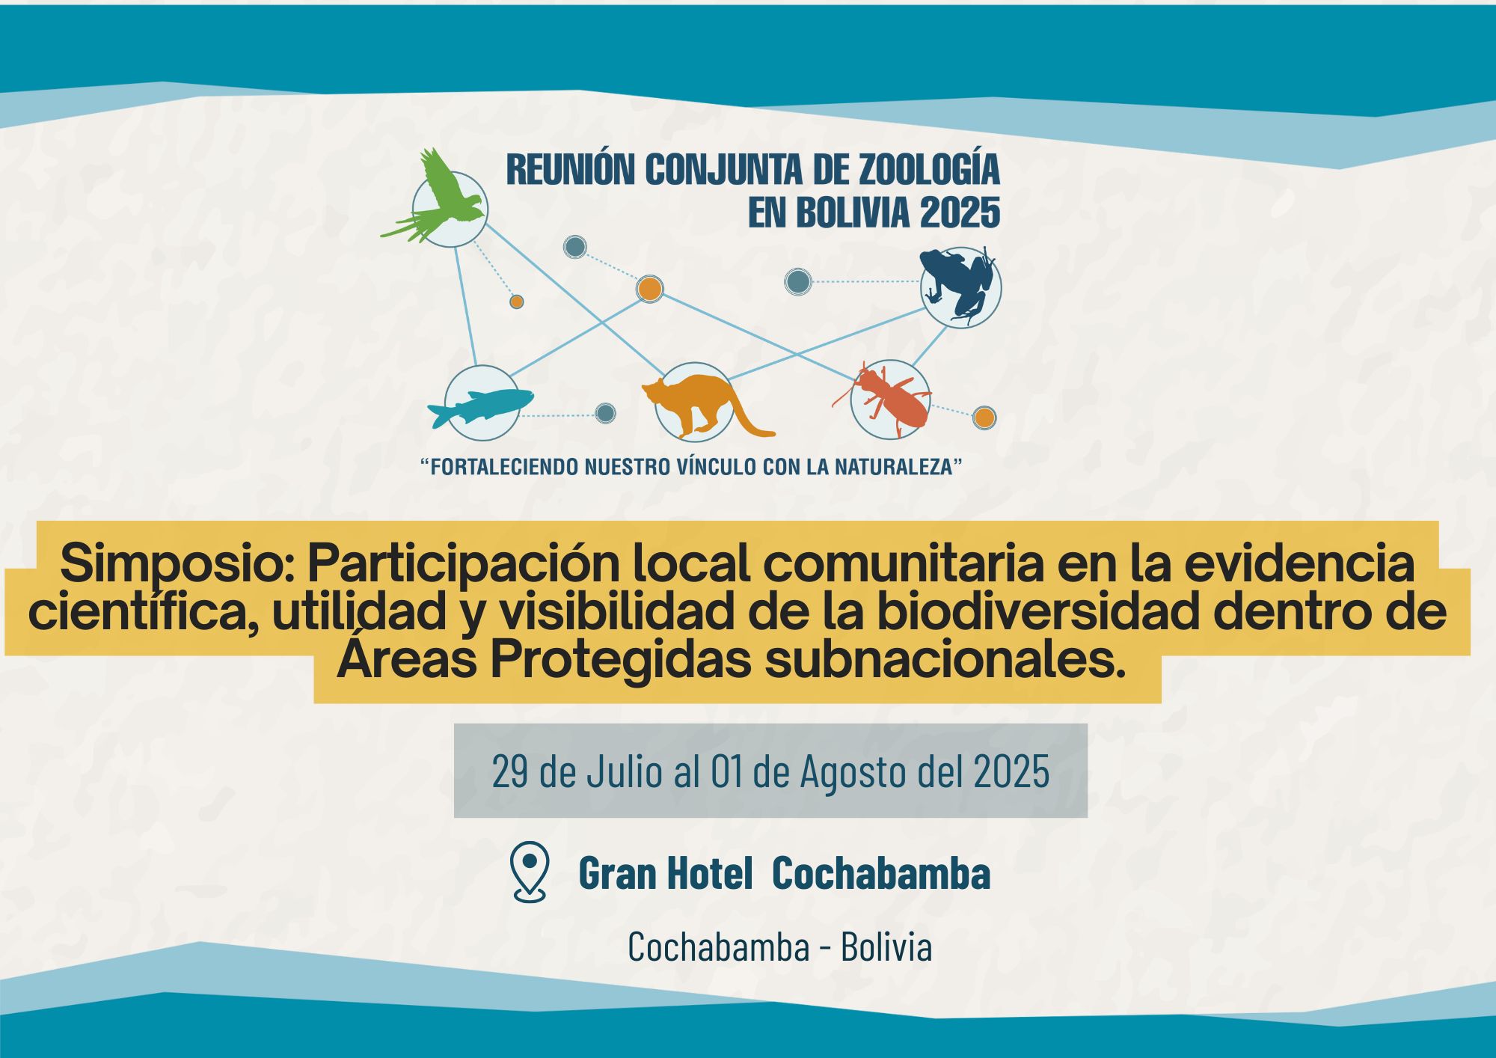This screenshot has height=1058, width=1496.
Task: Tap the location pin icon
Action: (x=529, y=872)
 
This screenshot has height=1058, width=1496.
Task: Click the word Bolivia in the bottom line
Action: (x=886, y=947)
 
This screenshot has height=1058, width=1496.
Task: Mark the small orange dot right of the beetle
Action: (x=984, y=418)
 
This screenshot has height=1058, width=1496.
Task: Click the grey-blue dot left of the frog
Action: (x=798, y=282)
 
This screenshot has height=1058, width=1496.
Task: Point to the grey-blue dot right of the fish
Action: (x=606, y=413)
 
